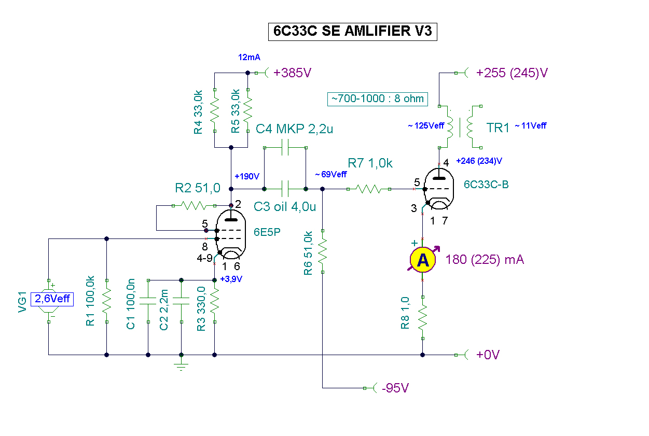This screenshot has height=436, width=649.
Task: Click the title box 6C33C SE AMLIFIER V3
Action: click(x=353, y=32)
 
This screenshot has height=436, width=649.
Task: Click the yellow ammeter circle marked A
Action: click(x=423, y=260)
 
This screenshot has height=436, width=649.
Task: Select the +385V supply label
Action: click(x=292, y=73)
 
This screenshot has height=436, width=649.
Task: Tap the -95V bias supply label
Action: click(x=395, y=388)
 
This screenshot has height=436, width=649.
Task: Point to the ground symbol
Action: click(x=181, y=365)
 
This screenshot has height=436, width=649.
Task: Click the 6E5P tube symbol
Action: click(x=231, y=234)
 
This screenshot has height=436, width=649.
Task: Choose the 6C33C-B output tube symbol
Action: click(x=439, y=189)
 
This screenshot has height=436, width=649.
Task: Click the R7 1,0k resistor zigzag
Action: click(x=368, y=189)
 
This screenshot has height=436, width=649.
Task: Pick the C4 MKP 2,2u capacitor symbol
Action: click(x=285, y=148)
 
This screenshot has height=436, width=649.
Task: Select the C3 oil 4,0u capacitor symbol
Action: click(x=285, y=189)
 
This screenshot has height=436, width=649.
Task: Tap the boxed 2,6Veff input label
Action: click(x=52, y=299)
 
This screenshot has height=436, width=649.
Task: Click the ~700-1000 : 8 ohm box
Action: click(x=378, y=99)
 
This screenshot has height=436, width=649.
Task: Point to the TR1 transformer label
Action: click(x=498, y=128)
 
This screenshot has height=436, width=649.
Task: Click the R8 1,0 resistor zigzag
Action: click(x=423, y=318)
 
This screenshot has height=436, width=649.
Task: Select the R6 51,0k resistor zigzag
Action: click(x=323, y=251)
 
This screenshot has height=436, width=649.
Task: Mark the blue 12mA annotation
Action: click(x=249, y=58)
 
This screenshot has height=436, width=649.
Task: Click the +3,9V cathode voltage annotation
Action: click(x=231, y=279)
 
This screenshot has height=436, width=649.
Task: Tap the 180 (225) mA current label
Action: click(x=485, y=260)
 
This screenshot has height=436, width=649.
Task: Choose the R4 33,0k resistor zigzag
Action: click(x=215, y=110)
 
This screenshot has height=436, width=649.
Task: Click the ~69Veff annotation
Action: click(x=330, y=174)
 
